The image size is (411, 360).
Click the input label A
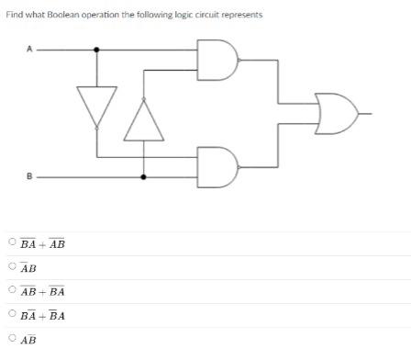coord(28,51)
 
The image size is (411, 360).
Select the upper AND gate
coord(218,60)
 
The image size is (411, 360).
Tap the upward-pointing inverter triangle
coord(143,118)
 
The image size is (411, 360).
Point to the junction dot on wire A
coord(97,51)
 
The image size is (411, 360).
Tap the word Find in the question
coord(14,16)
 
